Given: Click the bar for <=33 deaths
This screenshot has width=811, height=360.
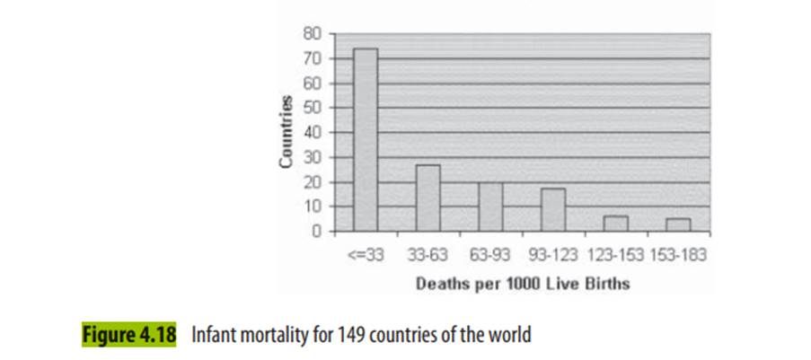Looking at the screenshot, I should (x=365, y=139).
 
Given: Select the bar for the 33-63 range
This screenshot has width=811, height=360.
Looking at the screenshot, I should (x=428, y=198).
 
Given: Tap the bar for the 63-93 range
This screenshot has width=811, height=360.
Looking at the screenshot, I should (x=490, y=206).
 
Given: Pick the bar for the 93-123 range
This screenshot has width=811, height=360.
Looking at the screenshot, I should (x=552, y=209).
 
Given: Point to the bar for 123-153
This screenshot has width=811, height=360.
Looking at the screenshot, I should (x=615, y=223).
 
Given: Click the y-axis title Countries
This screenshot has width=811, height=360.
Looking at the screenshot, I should (x=286, y=132).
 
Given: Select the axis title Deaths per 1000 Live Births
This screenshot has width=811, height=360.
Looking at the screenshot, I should (x=522, y=285).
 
